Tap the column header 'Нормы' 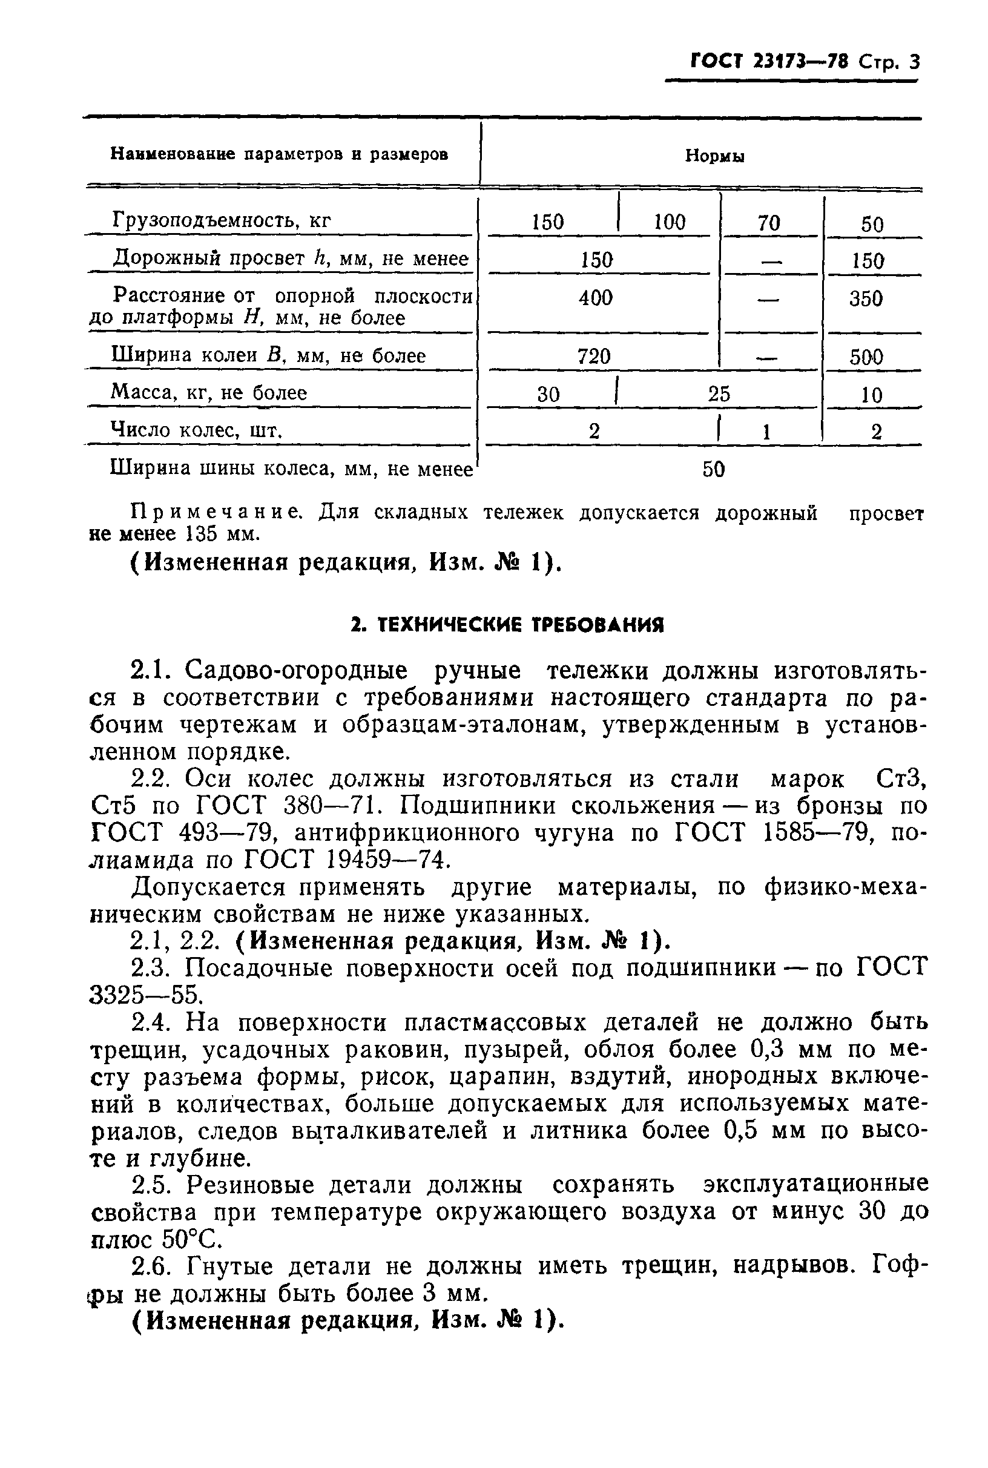tap(714, 156)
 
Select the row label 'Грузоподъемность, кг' tap(221, 220)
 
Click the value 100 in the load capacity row tap(669, 222)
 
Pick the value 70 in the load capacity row tap(769, 223)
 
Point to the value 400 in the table tap(596, 297)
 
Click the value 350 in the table tap(866, 298)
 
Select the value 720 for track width tap(594, 357)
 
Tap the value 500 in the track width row tap(866, 357)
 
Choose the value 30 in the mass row tap(548, 395)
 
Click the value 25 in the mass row tap(719, 393)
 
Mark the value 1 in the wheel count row tap(766, 432)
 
